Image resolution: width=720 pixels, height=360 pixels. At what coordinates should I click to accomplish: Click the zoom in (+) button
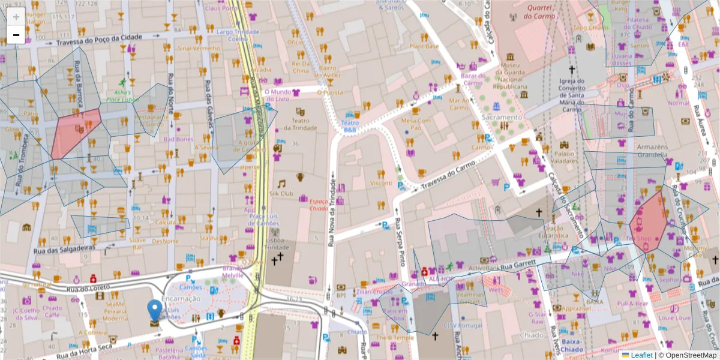pos(16,17)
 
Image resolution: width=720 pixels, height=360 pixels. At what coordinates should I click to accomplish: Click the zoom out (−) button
pos(16,35)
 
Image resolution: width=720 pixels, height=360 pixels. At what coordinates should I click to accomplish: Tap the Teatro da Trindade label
pos(300,124)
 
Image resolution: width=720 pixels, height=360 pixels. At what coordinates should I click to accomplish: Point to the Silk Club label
pos(281,193)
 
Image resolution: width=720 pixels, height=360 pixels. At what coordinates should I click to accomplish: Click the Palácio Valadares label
pos(564,157)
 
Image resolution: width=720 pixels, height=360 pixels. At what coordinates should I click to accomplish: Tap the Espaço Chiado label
pos(319,205)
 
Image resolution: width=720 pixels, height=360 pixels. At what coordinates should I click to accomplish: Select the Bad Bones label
pos(179,139)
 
